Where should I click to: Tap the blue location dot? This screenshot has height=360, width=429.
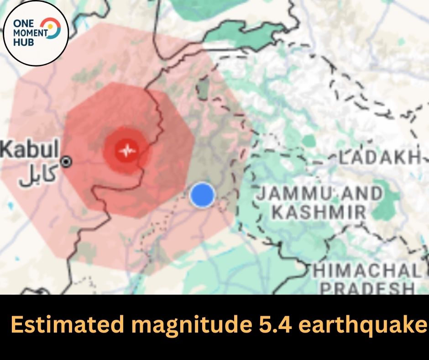(x=202, y=195)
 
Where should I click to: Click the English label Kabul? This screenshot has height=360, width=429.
(x=30, y=149)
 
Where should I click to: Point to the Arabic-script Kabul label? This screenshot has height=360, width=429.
(x=38, y=175)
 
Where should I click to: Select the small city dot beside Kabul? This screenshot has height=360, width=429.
(x=67, y=161)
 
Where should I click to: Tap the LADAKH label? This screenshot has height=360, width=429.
(x=379, y=158)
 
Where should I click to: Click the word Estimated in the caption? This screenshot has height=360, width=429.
(x=61, y=326)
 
